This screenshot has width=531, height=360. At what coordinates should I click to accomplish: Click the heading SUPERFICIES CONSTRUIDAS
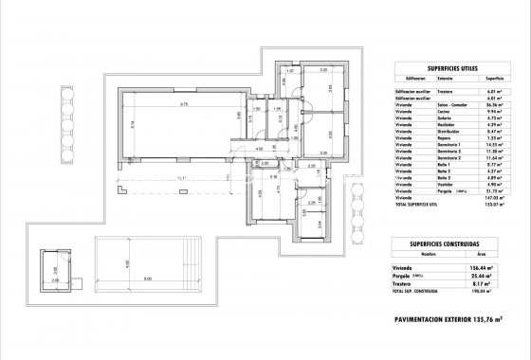click(453, 244)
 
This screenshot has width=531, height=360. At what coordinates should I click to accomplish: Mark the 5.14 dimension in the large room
click(135, 123)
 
